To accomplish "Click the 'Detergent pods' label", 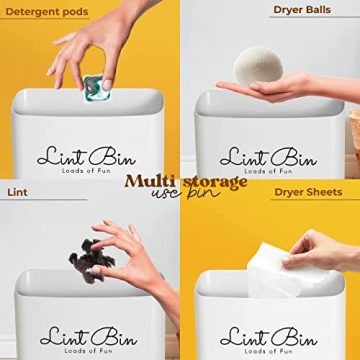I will (x=48, y=12).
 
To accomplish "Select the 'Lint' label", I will (x=17, y=191).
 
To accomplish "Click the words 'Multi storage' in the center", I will (x=185, y=181).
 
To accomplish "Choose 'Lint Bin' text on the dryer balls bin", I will (x=268, y=156).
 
